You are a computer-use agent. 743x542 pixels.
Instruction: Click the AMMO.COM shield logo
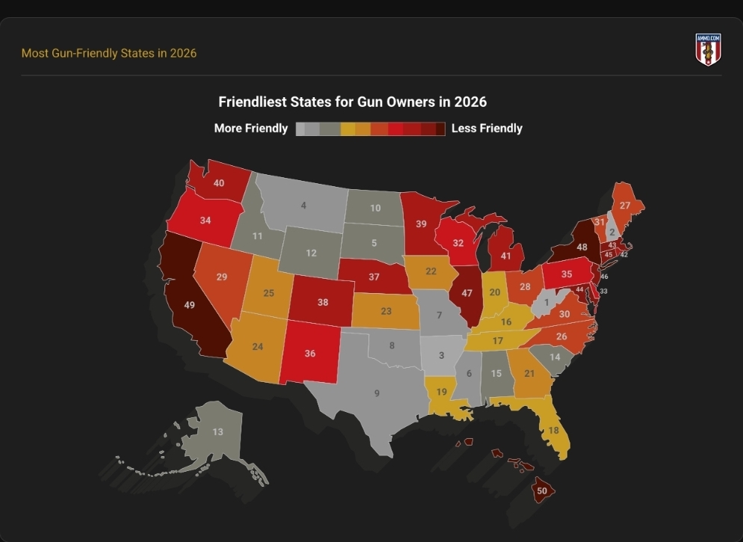pos(708,49)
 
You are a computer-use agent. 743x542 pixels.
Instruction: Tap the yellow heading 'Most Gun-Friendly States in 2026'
pos(109,53)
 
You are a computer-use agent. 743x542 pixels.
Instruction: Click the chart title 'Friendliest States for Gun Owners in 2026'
pos(353,102)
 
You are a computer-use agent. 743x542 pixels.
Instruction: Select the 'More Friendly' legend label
pos(250,129)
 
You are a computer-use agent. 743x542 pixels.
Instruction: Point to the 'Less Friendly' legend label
pos(487,129)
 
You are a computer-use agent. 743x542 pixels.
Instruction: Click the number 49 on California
pos(189,305)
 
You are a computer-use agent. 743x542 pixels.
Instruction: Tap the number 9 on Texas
pos(377,393)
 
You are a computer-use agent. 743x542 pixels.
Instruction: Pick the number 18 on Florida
pos(553,430)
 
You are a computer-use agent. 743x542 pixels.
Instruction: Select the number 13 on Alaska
pos(218,431)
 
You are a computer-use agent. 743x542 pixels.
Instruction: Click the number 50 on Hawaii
pos(542,491)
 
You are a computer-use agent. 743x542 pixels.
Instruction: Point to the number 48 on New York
pos(582,247)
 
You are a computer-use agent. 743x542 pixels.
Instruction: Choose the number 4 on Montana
pos(303,206)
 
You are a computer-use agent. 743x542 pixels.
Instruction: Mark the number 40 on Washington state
pos(218,183)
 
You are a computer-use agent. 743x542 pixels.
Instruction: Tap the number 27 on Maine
pos(625,206)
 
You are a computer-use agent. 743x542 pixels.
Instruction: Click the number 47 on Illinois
pos(466,293)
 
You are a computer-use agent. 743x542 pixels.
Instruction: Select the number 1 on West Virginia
pos(546,302)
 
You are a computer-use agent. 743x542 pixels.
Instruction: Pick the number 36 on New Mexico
pos(310,354)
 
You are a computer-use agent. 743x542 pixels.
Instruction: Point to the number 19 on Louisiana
pos(442,392)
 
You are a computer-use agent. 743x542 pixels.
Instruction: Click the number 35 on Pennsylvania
pos(567,274)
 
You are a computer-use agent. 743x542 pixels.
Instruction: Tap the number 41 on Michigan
pos(505,256)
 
